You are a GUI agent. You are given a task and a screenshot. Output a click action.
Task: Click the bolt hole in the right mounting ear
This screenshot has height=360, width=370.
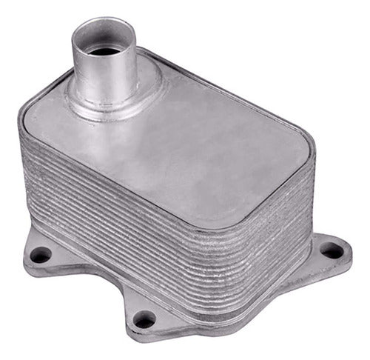click(333, 251)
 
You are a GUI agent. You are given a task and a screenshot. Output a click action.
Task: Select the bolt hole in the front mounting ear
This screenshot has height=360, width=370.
click(145, 320)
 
